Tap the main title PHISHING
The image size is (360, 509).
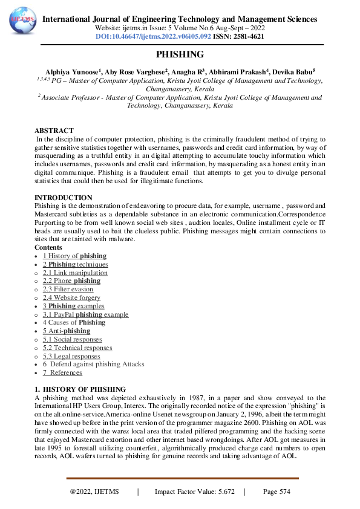[180, 54]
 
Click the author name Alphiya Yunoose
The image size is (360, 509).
[65, 71]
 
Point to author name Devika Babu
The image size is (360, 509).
[293, 71]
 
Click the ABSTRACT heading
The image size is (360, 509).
[54, 131]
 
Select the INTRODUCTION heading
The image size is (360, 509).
[64, 198]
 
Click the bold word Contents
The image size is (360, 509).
[48, 247]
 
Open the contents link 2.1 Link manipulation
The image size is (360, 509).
[71, 273]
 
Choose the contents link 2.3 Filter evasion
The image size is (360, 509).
[68, 290]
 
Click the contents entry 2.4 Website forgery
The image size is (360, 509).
[71, 297]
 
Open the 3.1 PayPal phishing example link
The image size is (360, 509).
[85, 314]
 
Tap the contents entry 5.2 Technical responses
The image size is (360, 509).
[77, 348]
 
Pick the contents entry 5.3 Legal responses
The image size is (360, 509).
[71, 356]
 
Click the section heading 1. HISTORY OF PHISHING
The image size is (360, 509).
[80, 389]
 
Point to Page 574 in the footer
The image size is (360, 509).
[277, 492]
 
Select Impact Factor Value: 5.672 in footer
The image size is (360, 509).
[194, 492]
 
